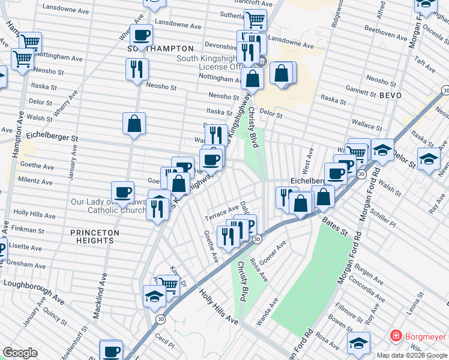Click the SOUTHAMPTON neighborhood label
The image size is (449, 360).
click(161, 48)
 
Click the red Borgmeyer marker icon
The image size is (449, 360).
click(396, 335)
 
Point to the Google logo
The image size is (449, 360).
click(20, 353)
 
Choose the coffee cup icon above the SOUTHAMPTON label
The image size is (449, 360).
click(142, 35)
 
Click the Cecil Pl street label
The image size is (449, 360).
click(164, 346)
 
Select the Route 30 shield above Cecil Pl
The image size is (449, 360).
click(160, 319)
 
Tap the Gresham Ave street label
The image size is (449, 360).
click(26, 263)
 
